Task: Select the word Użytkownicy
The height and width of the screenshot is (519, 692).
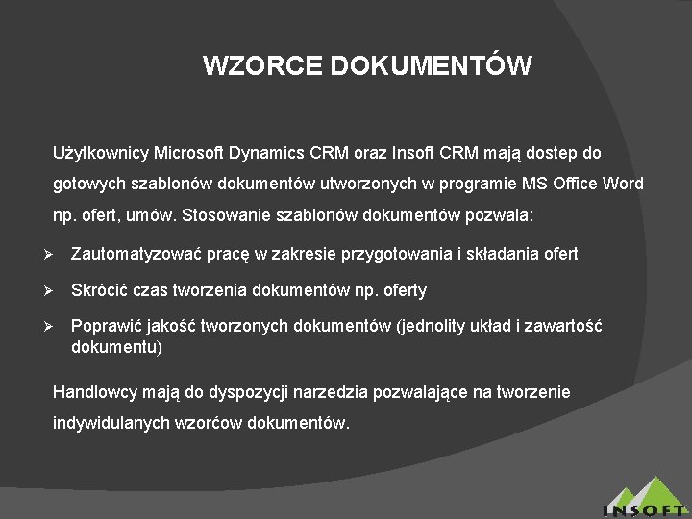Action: click(x=98, y=153)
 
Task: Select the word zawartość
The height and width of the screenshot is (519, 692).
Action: click(x=565, y=326)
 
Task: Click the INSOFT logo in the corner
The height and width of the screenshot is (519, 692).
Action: click(x=645, y=500)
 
